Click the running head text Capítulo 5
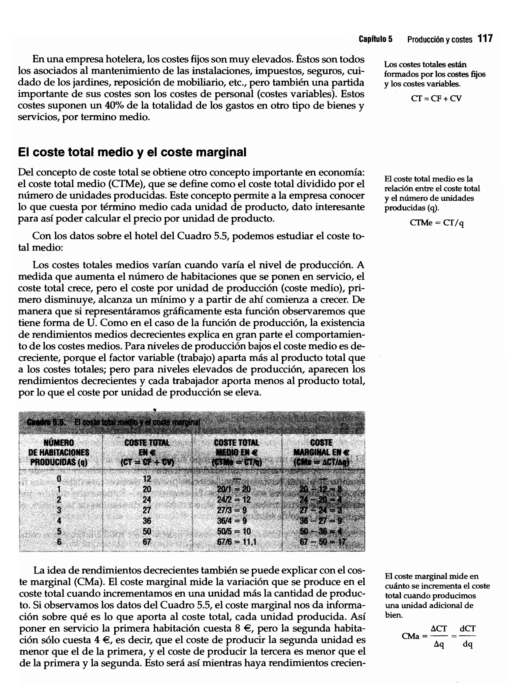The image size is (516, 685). (375, 39)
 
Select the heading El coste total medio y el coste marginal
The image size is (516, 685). (132, 152)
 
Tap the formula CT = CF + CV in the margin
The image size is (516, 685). (436, 98)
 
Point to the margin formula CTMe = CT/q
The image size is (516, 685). (436, 223)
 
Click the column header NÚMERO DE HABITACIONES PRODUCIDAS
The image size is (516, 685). (59, 453)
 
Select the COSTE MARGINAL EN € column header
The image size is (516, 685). (321, 453)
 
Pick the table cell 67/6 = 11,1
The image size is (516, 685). (236, 542)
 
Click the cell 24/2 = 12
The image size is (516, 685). (234, 499)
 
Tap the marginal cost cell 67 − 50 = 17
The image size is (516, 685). (322, 542)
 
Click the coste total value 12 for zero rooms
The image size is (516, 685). (147, 478)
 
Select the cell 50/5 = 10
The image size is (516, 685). (234, 531)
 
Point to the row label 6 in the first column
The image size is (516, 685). (59, 542)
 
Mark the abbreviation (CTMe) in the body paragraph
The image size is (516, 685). (126, 184)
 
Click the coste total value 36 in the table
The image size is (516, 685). (147, 521)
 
